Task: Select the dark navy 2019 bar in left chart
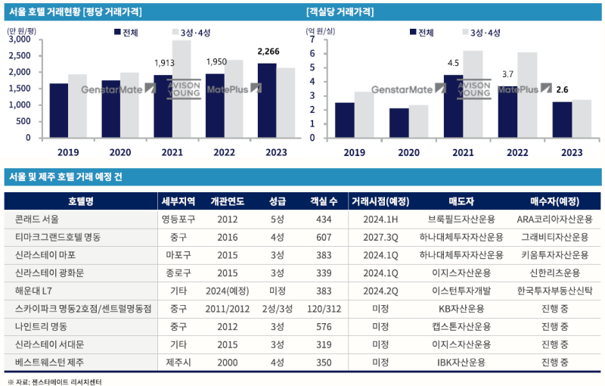[x=58, y=111]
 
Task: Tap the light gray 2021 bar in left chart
[x=181, y=89]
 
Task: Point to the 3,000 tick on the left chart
[x=20, y=39]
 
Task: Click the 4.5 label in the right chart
[x=454, y=63]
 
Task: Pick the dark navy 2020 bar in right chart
[x=399, y=123]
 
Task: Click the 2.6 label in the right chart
[x=562, y=89]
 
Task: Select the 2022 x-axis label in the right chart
[x=517, y=152]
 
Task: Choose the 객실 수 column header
[x=324, y=201]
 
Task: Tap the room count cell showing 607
[x=324, y=237]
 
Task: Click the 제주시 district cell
[x=180, y=363]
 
